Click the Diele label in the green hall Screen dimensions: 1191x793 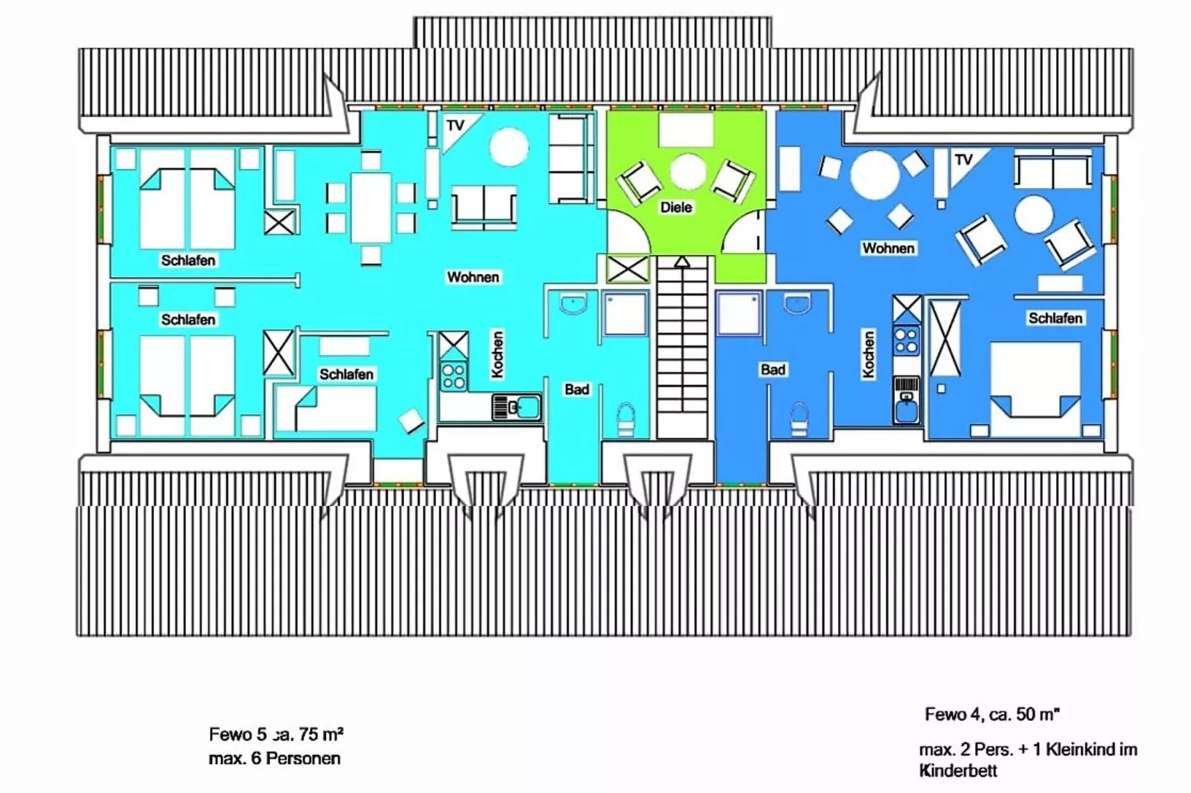[676, 208]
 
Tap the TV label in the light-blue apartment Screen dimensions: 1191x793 [455, 125]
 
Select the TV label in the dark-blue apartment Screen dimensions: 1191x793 [963, 160]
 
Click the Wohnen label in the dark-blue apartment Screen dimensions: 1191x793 [888, 248]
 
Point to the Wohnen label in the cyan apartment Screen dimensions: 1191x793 [472, 277]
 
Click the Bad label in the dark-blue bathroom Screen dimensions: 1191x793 [773, 369]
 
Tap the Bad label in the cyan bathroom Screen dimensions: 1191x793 [577, 390]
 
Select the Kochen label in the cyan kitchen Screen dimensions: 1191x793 [497, 354]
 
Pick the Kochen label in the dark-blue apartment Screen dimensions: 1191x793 [868, 354]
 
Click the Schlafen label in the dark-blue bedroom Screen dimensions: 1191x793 [1055, 318]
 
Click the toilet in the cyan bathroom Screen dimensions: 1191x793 [626, 420]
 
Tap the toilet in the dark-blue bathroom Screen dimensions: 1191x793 [799, 420]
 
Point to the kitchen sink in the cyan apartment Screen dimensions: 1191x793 [517, 408]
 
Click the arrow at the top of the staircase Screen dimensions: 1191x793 [682, 262]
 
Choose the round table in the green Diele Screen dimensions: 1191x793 [687, 172]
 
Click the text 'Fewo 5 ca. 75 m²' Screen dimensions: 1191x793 [277, 734]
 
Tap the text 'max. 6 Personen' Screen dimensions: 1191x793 [274, 758]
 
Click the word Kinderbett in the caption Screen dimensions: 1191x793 [958, 771]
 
